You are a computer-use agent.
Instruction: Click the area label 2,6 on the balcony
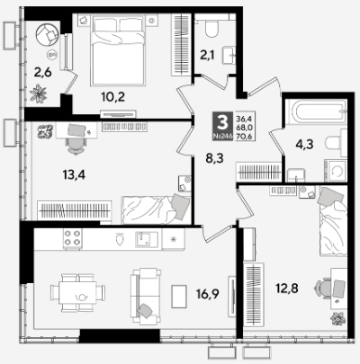pos(42,73)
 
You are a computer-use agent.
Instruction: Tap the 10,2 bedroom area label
pos(112,97)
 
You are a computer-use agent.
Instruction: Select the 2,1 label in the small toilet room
pos(207,55)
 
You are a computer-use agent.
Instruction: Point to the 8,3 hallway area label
pos(214,158)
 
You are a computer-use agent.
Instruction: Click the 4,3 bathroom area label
pos(304,145)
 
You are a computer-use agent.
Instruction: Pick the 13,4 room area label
pos(74,174)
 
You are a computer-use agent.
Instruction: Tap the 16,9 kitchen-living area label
pos(208,294)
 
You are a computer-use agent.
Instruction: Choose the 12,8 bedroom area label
pos(287,289)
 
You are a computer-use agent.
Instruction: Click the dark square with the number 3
pos(222,126)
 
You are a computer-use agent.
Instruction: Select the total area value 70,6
pos(244,137)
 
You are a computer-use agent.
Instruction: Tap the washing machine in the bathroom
pos(337,171)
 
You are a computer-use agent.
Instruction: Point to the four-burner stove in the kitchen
pos(73,238)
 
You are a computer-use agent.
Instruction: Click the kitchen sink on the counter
pos(147,239)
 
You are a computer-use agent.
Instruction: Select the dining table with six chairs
pos(77,292)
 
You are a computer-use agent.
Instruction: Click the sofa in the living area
pos(146,296)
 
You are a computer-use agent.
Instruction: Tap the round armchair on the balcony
pos(47,34)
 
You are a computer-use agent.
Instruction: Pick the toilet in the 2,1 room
pos(212,28)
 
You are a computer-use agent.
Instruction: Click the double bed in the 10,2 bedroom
pos(118,50)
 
